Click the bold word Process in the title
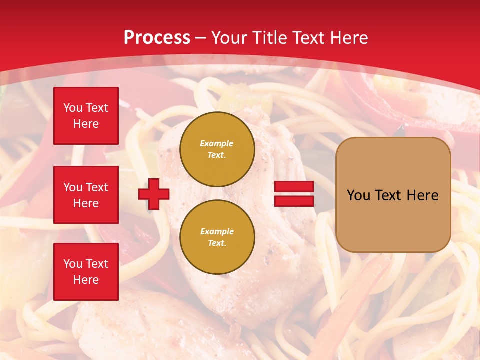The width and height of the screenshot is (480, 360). pyautogui.click(x=157, y=38)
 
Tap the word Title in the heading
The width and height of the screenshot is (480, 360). pyautogui.click(x=269, y=38)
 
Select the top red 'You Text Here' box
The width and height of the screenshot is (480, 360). pyautogui.click(x=86, y=116)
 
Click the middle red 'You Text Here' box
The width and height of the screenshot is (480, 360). pyautogui.click(x=86, y=195)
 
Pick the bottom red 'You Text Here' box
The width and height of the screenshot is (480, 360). pyautogui.click(x=86, y=272)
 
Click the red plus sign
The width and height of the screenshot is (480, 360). pyautogui.click(x=154, y=194)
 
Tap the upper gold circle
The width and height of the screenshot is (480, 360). pyautogui.click(x=217, y=149)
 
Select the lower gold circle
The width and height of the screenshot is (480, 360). pyautogui.click(x=217, y=237)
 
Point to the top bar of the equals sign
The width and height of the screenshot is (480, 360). pyautogui.click(x=294, y=187)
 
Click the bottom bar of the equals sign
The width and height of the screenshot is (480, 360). pyautogui.click(x=294, y=201)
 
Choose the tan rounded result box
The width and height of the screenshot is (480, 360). pyautogui.click(x=393, y=195)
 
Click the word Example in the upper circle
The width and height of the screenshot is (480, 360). pyautogui.click(x=216, y=143)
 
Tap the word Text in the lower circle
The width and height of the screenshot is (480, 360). pyautogui.click(x=216, y=243)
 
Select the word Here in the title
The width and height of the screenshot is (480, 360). pyautogui.click(x=350, y=38)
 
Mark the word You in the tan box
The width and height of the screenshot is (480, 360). pyautogui.click(x=358, y=195)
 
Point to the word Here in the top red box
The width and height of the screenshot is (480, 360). pyautogui.click(x=86, y=124)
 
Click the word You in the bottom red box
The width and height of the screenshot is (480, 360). pyautogui.click(x=73, y=264)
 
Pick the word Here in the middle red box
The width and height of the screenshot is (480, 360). pyautogui.click(x=86, y=203)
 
